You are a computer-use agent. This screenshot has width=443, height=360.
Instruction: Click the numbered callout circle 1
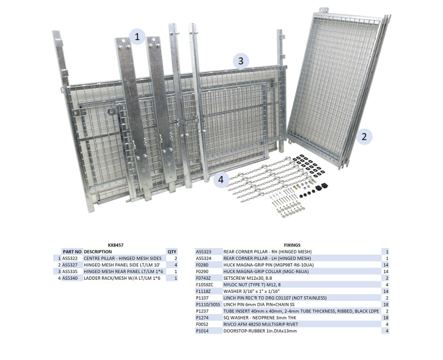click(137, 37)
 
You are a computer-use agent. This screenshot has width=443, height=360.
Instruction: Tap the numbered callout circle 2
click(364, 137)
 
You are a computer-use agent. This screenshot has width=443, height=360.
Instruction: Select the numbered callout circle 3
click(241, 61)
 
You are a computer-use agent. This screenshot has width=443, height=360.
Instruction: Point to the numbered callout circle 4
click(221, 179)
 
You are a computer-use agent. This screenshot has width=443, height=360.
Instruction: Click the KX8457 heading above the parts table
click(116, 245)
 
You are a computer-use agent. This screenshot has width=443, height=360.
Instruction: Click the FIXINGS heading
click(292, 245)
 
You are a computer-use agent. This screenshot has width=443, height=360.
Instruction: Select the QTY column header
click(172, 252)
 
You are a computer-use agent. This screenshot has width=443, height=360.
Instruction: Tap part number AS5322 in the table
click(70, 258)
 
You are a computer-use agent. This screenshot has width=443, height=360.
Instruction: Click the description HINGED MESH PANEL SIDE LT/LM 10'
click(122, 265)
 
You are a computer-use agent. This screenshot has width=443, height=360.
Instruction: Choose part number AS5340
click(70, 278)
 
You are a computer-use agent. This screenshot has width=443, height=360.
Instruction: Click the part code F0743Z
click(203, 278)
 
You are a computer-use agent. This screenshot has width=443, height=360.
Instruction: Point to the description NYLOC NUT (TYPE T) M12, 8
click(252, 285)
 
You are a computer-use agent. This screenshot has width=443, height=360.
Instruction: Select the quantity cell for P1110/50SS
click(386, 305)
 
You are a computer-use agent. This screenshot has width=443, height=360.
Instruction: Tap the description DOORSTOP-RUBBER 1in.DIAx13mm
click(260, 331)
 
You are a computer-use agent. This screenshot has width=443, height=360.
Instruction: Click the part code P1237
click(202, 311)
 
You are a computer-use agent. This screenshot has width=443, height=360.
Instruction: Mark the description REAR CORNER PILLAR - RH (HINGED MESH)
click(267, 252)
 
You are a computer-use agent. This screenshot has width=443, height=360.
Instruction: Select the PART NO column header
click(72, 252)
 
